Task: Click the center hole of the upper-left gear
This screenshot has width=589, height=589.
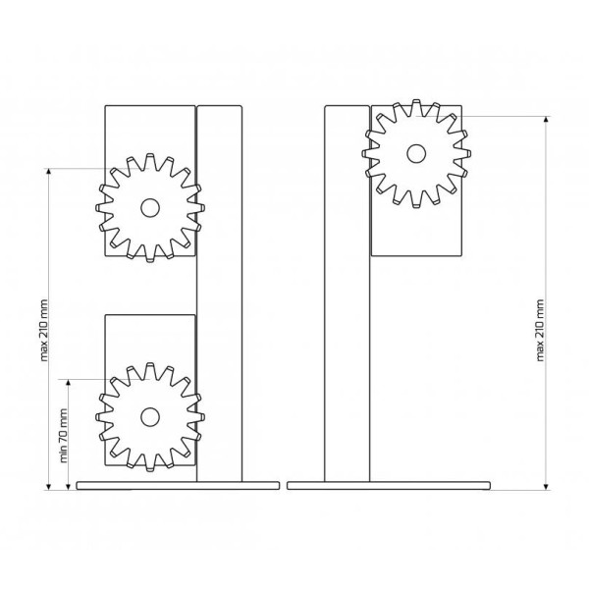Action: point(150,208)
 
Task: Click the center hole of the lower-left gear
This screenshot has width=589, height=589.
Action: point(150,417)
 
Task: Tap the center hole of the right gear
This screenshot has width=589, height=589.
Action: point(416,153)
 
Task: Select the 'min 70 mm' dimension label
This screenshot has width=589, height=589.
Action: point(63,436)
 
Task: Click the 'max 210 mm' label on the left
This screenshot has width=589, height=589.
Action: point(44,330)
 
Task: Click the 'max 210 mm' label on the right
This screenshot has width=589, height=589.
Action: point(540,330)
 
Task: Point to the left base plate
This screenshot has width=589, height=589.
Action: point(178,485)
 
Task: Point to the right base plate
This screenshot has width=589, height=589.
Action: point(389,485)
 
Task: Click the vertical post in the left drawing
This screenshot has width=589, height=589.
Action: point(219,294)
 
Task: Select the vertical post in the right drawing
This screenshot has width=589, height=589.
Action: point(348,294)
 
